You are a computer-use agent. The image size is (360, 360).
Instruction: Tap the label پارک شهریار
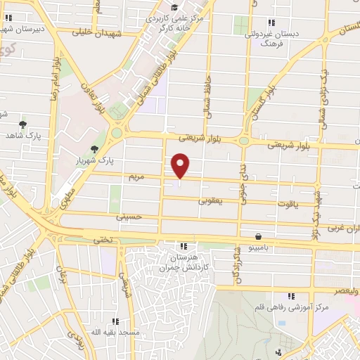pos(94,160)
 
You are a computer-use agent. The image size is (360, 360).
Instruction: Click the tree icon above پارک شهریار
pos(94,148)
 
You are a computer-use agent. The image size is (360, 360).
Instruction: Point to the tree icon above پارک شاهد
pos(23,123)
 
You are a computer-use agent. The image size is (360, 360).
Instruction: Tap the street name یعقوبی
pos(210,201)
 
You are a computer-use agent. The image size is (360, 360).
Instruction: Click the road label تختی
pos(102,240)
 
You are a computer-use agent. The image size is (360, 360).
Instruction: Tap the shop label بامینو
pos(259,248)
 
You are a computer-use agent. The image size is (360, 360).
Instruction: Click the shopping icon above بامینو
pos(259,237)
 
